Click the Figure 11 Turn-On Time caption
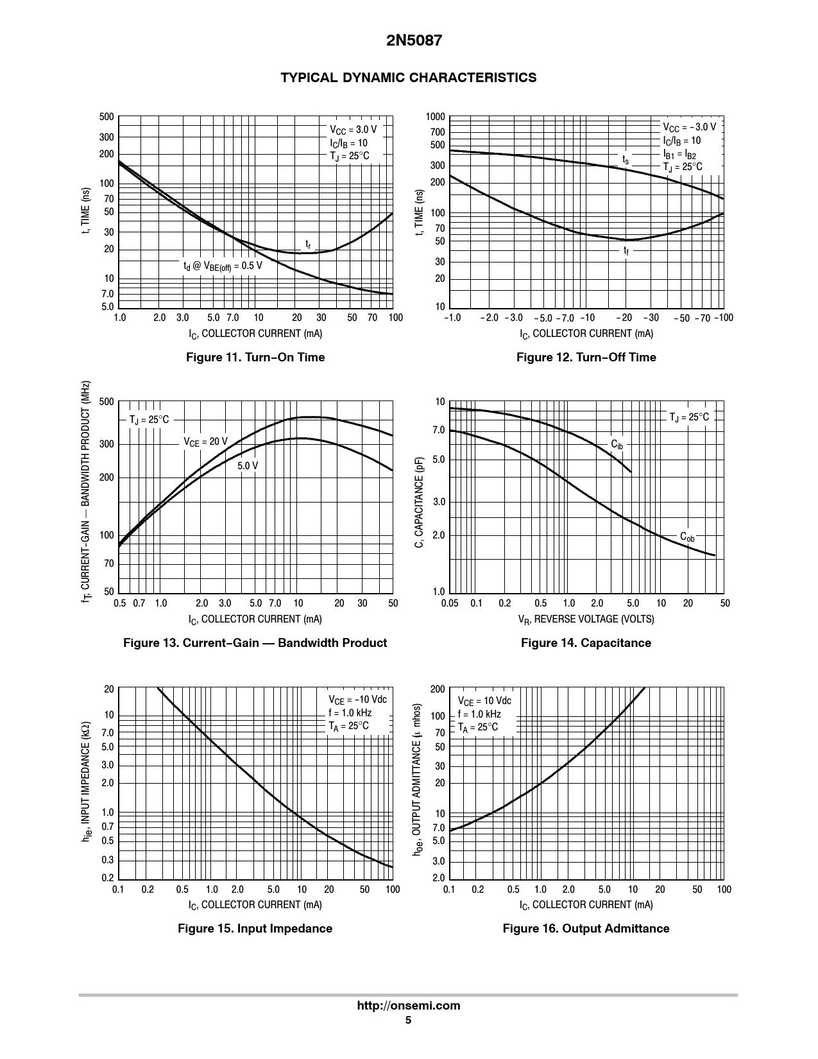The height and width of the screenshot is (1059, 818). (x=255, y=357)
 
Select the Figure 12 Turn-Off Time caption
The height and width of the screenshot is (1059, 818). (x=586, y=357)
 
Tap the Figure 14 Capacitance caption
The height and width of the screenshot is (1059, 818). (x=586, y=643)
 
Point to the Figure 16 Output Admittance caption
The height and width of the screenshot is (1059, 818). (x=586, y=929)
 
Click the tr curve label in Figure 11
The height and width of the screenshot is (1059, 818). (x=308, y=245)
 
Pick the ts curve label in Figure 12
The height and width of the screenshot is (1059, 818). (x=626, y=159)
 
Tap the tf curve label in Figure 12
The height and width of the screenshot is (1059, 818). (x=626, y=250)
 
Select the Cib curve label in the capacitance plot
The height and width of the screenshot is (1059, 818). (x=617, y=444)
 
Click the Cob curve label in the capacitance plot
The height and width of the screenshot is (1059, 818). (x=687, y=537)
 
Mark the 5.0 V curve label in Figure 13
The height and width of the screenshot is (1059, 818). (x=248, y=465)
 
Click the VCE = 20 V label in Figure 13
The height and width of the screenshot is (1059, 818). (x=205, y=442)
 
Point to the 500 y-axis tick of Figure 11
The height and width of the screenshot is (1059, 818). (x=107, y=117)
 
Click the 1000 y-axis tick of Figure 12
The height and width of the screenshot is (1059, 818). (x=436, y=117)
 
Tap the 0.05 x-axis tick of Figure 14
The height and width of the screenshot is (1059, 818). (x=450, y=603)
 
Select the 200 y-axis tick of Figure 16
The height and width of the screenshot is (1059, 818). (x=438, y=689)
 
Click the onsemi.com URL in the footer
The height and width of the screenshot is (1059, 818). (x=409, y=1006)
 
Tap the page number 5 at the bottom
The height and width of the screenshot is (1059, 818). (x=408, y=1020)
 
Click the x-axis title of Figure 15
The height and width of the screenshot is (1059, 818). (x=255, y=905)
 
